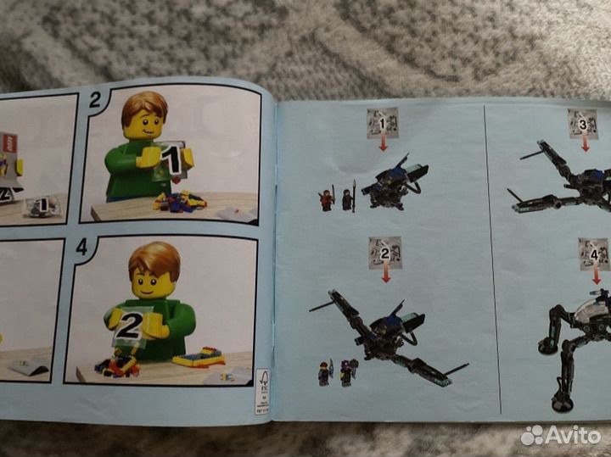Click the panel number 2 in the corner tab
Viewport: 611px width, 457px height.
(95, 100)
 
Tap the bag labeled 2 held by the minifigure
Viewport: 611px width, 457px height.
(129, 326)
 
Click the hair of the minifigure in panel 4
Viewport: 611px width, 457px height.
(154, 257)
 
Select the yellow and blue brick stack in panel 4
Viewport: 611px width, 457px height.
(199, 355)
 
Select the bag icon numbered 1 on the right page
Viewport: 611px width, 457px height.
(382, 123)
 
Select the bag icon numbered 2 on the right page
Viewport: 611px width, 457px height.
(384, 250)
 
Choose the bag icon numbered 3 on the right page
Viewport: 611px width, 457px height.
(582, 124)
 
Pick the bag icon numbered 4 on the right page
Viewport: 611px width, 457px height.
(594, 252)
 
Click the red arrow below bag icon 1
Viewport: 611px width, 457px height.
(383, 144)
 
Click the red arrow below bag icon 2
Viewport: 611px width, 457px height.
(386, 273)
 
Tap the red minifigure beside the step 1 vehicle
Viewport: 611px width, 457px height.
(327, 199)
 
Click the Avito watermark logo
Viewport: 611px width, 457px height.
(561, 435)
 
